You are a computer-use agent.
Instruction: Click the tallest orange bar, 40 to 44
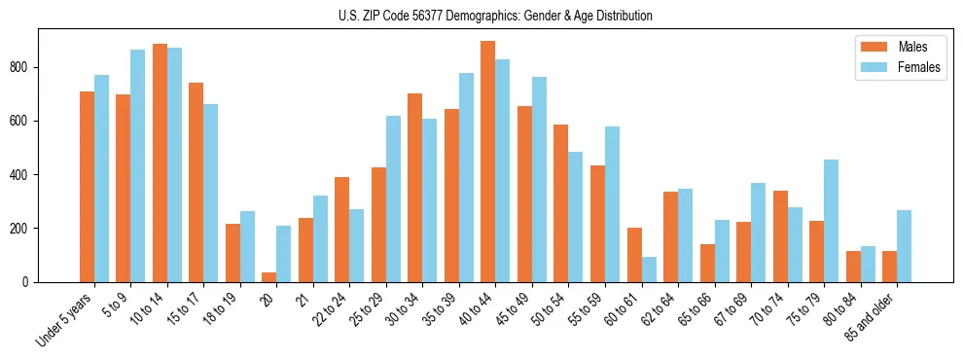tap(488, 162)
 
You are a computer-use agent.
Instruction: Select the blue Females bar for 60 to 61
tap(649, 270)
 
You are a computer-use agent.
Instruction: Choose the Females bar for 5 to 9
tap(138, 165)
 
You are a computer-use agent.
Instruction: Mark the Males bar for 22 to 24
tap(342, 230)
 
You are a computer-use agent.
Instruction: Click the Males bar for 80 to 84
tap(853, 267)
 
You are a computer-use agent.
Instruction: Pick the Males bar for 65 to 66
tap(707, 263)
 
